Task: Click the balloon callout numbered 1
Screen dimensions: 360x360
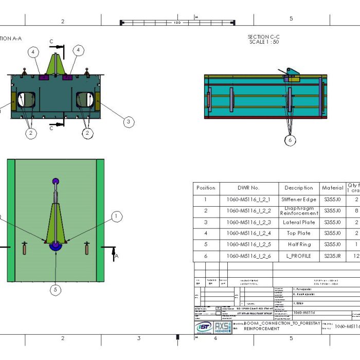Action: (117, 217)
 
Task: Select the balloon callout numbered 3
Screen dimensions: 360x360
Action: (129, 122)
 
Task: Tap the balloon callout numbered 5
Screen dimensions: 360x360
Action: (55, 290)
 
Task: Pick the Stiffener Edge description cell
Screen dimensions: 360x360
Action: (298, 199)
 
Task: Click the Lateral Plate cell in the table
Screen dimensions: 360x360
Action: (298, 222)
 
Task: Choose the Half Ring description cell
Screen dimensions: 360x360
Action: (298, 245)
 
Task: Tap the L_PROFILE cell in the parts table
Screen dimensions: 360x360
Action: (298, 256)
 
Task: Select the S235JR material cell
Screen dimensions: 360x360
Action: (332, 256)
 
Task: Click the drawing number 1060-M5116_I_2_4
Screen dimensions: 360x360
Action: (248, 233)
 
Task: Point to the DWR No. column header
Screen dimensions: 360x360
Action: (248, 188)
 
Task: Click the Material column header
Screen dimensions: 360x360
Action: (332, 188)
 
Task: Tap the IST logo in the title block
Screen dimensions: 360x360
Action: (204, 328)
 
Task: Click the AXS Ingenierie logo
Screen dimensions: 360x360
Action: (222, 328)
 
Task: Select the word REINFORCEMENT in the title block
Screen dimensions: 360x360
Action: (262, 329)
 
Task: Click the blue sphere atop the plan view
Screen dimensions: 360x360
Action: (56, 181)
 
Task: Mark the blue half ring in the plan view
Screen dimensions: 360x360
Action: (55, 247)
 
